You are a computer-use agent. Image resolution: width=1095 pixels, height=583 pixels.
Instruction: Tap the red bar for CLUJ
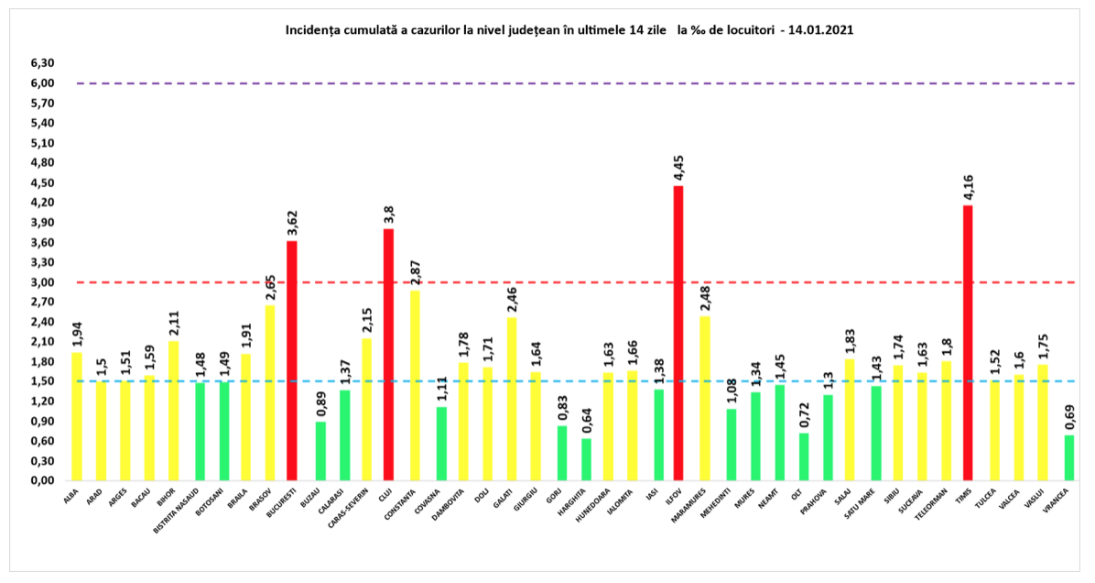coord(388,354)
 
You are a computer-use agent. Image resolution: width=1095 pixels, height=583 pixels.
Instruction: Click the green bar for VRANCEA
coord(1069,457)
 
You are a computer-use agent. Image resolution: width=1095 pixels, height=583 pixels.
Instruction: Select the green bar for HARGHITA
coord(587,459)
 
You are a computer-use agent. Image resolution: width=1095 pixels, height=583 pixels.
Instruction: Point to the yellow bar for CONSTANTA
coord(415,385)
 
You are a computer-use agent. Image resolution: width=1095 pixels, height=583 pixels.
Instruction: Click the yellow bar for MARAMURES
coord(704,398)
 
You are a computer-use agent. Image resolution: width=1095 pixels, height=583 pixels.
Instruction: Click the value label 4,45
coord(678,169)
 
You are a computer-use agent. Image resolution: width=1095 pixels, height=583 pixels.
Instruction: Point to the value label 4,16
coord(968,188)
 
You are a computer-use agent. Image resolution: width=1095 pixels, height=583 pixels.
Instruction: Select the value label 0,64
coord(587,421)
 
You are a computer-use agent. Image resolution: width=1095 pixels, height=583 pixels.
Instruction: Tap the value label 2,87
coord(415,272)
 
